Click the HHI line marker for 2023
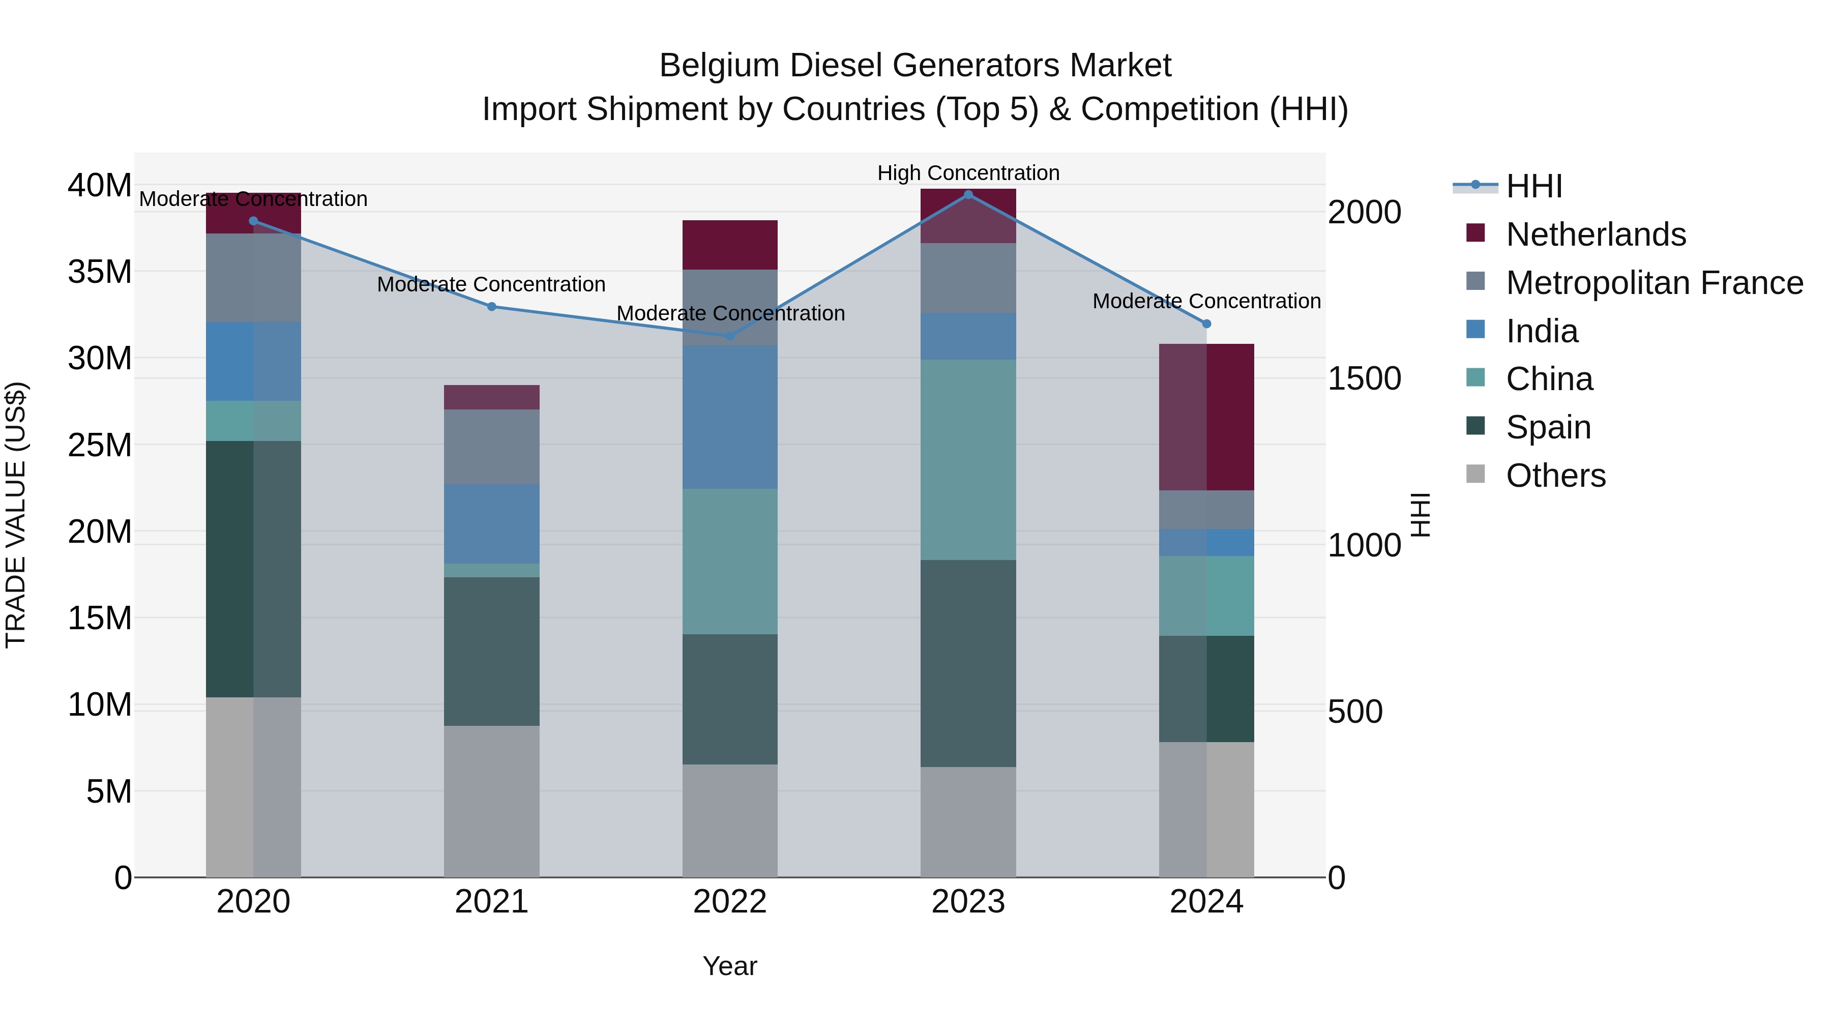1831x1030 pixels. tap(968, 195)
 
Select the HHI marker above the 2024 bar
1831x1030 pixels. tap(1206, 324)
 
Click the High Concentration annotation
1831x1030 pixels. tap(968, 173)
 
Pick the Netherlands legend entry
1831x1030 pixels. tap(1595, 234)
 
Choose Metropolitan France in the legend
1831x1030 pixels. tap(1654, 283)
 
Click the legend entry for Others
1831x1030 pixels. tap(1555, 476)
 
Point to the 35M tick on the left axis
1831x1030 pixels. tap(100, 272)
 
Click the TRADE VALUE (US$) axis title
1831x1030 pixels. tap(16, 515)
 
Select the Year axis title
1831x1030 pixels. tap(730, 966)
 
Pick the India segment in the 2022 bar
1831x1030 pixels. tap(730, 417)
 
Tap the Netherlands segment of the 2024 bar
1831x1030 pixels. tap(1206, 417)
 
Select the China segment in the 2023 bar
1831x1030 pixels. tap(968, 459)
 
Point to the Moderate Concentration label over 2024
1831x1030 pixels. tap(1206, 302)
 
